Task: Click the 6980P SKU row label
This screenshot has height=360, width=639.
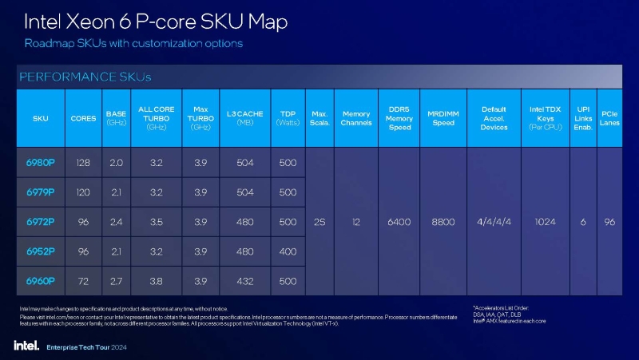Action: pos(41,162)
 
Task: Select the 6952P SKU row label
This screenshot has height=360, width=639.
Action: pos(41,251)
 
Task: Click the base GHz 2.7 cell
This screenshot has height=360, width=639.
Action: pos(116,282)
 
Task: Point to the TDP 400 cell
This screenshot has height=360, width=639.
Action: pos(288,251)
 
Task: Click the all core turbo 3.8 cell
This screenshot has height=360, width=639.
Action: pos(156,282)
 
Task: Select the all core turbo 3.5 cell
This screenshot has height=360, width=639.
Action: pos(156,222)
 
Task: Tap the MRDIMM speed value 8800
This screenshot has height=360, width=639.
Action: pos(442,222)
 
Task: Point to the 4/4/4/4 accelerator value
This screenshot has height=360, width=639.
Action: pos(494,222)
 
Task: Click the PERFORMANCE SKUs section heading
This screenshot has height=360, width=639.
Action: pos(84,77)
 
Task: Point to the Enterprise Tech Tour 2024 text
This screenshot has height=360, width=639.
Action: pos(86,347)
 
